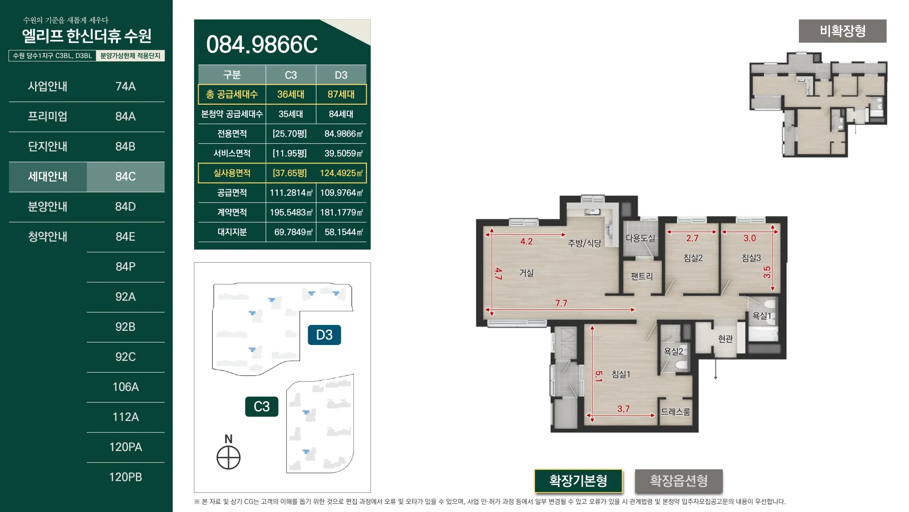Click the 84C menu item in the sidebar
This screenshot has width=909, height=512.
point(125,177)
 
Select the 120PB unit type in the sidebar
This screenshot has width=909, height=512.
point(125,477)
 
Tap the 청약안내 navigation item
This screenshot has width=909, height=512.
point(48,237)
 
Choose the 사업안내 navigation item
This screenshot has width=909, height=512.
point(48,86)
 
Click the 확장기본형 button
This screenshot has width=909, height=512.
point(578,481)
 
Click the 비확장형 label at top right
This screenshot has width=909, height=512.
point(843,31)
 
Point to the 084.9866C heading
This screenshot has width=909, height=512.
point(262,45)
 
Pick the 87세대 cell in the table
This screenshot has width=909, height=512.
point(341,94)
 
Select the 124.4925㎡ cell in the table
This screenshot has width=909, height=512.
point(341,173)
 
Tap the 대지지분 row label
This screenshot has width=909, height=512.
point(232,232)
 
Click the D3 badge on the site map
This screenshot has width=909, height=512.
point(325,335)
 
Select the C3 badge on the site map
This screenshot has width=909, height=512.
point(262,406)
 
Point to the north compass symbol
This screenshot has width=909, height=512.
point(229,457)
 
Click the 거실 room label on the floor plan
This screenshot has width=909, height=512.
point(526,273)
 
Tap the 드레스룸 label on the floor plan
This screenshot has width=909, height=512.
point(675,412)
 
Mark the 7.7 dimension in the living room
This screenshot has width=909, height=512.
point(561,303)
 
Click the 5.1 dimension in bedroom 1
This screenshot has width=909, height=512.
point(599,376)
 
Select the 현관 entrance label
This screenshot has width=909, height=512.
point(725,339)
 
